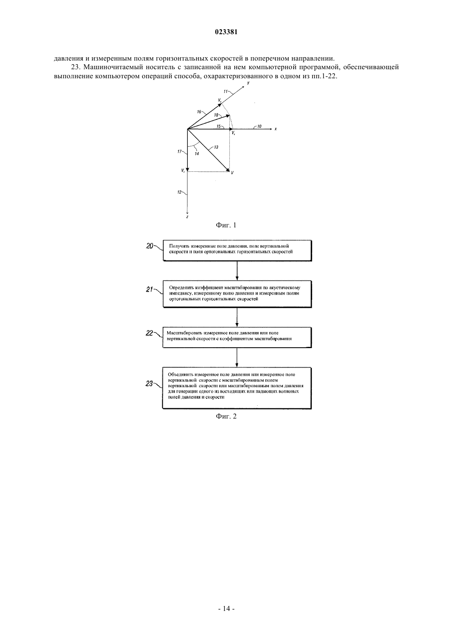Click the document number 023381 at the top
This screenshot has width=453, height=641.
pyautogui.click(x=226, y=32)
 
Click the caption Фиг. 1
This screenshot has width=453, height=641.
pyautogui.click(x=226, y=225)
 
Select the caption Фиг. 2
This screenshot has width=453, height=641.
pyautogui.click(x=226, y=416)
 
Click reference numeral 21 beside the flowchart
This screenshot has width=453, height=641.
pyautogui.click(x=149, y=290)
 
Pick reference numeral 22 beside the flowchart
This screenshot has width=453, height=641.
pyautogui.click(x=149, y=333)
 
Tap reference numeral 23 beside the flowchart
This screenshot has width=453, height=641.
pyautogui.click(x=149, y=384)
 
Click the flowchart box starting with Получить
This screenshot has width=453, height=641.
pyautogui.click(x=237, y=250)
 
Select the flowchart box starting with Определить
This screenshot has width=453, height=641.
pyautogui.click(x=237, y=294)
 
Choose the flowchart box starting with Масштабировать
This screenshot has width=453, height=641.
pyautogui.click(x=237, y=337)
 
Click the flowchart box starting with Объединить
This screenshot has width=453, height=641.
pyautogui.click(x=237, y=388)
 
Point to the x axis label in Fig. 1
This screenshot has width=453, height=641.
pyautogui.click(x=276, y=129)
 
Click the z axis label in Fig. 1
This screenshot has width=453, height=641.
pyautogui.click(x=187, y=217)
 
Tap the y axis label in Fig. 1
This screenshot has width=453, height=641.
pyautogui.click(x=248, y=83)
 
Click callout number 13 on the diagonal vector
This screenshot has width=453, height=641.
pyautogui.click(x=216, y=147)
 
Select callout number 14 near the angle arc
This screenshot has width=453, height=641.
pyautogui.click(x=197, y=154)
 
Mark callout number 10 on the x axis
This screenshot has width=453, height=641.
pyautogui.click(x=259, y=126)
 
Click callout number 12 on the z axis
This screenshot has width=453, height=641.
pyautogui.click(x=179, y=192)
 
